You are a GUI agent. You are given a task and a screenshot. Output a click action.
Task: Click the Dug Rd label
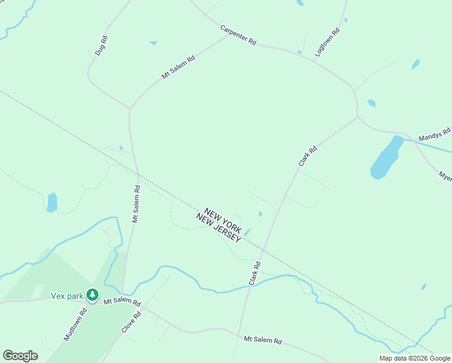[102, 45]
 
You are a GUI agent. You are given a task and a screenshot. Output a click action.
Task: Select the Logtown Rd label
[327, 42]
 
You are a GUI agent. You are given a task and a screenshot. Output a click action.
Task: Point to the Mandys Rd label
[434, 134]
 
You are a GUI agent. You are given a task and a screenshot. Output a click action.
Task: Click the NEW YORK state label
[223, 221]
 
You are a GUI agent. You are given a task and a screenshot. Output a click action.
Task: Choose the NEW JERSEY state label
[218, 227]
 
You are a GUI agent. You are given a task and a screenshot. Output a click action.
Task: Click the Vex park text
[66, 296]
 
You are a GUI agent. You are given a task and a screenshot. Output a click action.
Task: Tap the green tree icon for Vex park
[92, 295]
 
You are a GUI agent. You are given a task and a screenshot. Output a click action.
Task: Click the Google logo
[20, 355]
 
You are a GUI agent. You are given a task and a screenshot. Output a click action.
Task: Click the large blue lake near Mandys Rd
[386, 159]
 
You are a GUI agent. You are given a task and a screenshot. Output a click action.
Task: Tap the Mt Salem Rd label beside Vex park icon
[122, 301]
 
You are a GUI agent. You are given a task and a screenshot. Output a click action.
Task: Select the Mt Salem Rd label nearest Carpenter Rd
[178, 67]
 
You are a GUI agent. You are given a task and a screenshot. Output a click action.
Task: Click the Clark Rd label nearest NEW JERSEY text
[254, 273]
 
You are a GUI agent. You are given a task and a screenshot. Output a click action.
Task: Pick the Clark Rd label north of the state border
[308, 157]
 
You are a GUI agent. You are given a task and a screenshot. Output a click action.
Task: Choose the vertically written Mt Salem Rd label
[137, 204]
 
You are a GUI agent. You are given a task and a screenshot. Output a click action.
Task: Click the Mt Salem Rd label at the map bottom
[262, 341]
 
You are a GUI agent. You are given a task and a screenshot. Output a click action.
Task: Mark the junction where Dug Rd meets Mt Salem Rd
[129, 110]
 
